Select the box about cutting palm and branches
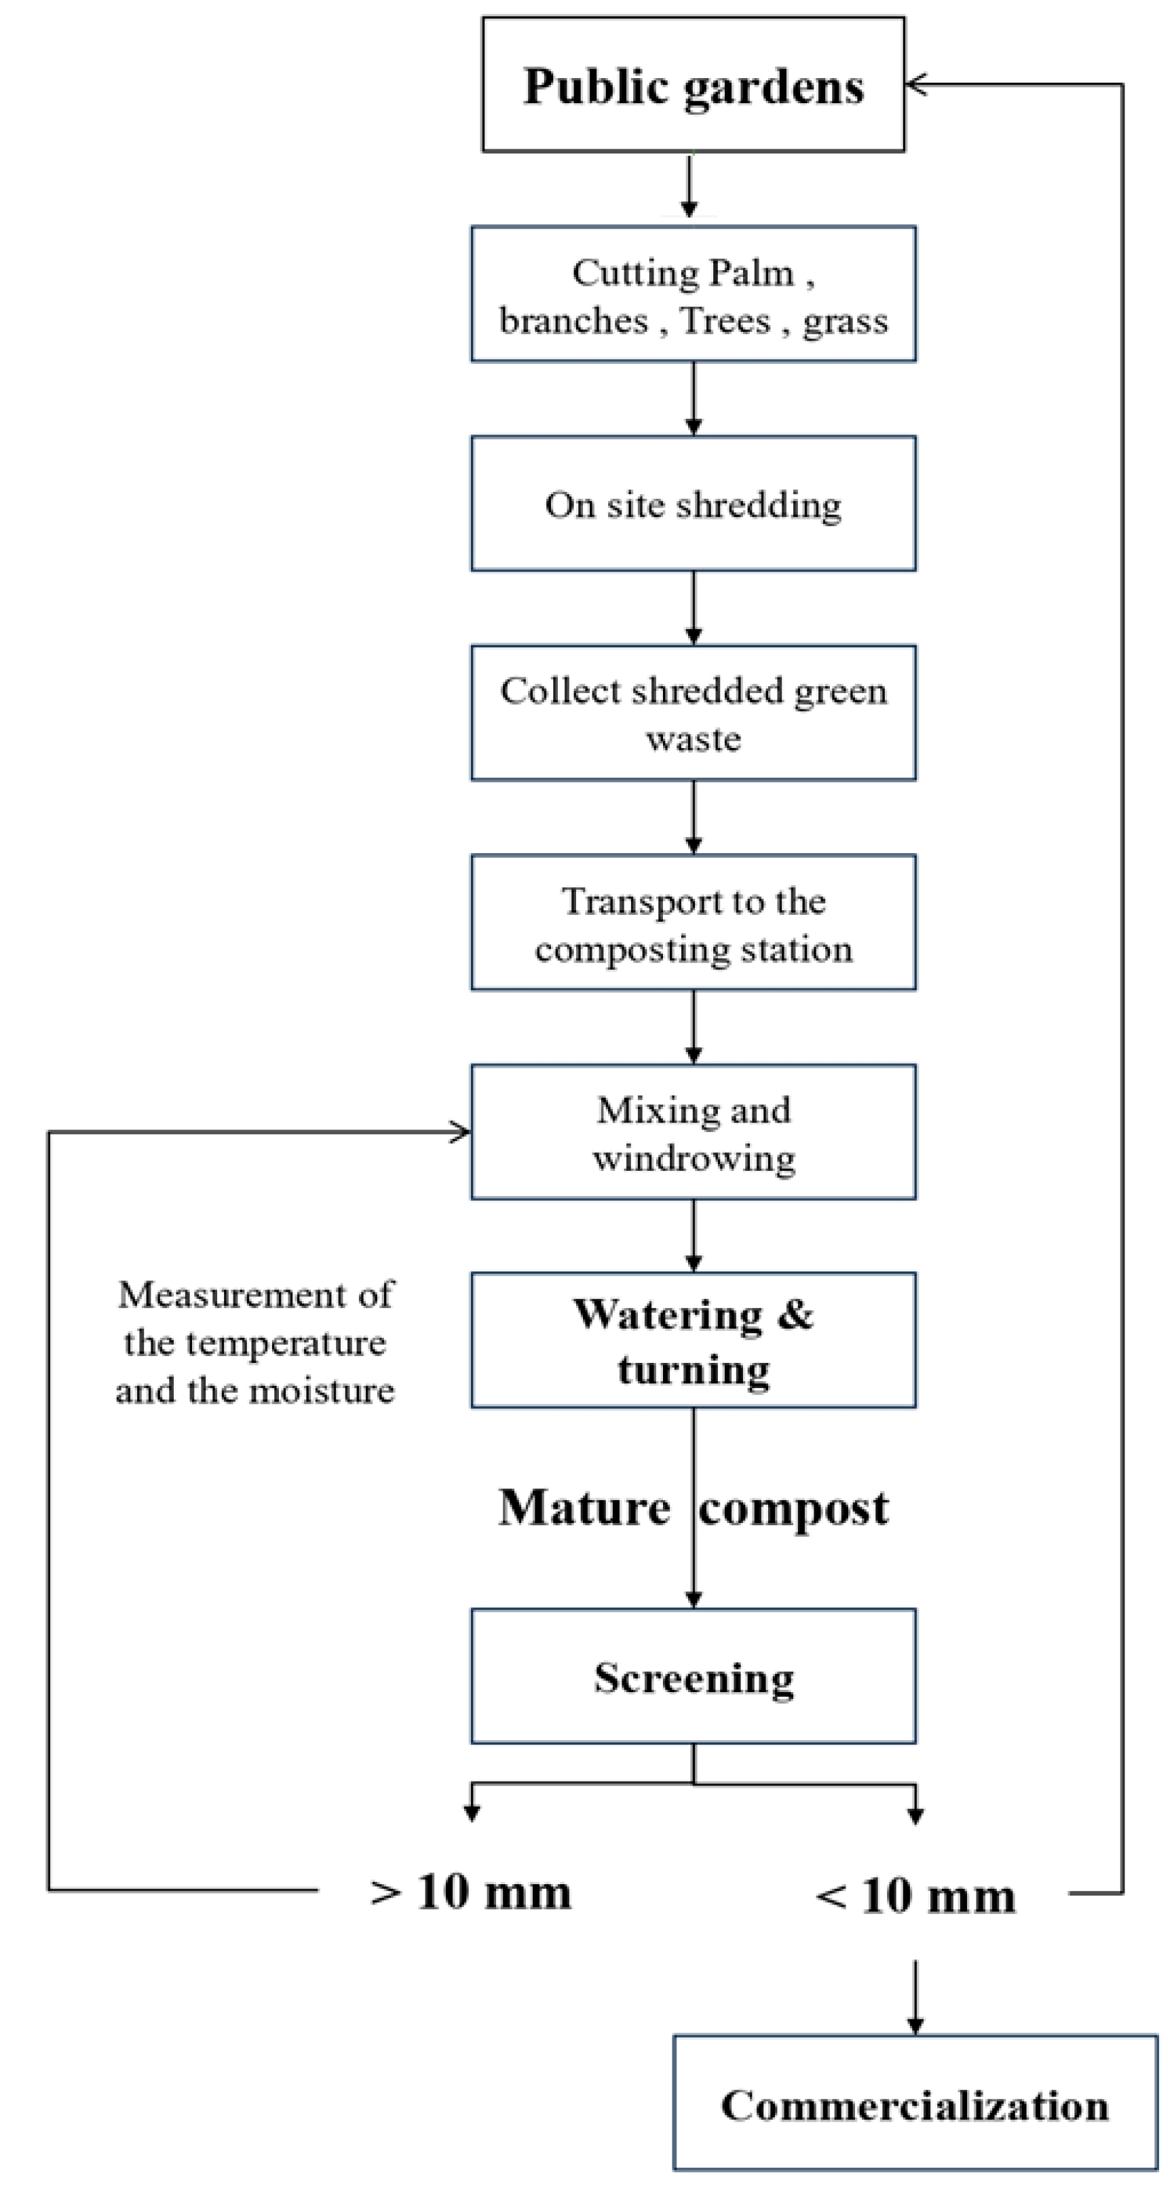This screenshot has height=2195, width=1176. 693,295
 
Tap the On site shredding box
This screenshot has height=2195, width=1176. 693,504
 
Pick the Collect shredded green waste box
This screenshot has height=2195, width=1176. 693,714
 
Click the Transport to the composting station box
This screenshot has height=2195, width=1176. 693,924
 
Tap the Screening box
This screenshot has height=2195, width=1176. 693,1678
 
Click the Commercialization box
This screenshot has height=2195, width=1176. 914,2105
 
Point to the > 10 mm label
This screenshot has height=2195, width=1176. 470,1892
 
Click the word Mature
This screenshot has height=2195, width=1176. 584,1507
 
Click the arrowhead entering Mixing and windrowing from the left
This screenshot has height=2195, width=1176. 460,1131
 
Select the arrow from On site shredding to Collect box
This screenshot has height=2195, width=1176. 693,608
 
